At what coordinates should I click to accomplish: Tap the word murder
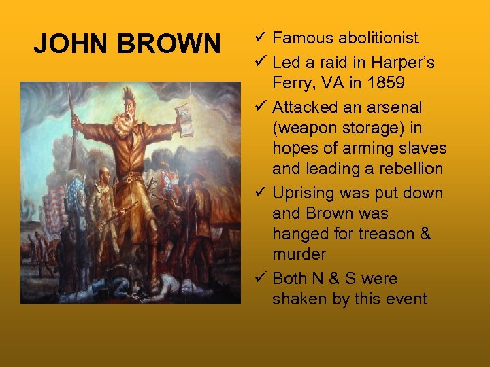[x=299, y=254]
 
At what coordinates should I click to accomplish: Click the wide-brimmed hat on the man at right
[x=197, y=178]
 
